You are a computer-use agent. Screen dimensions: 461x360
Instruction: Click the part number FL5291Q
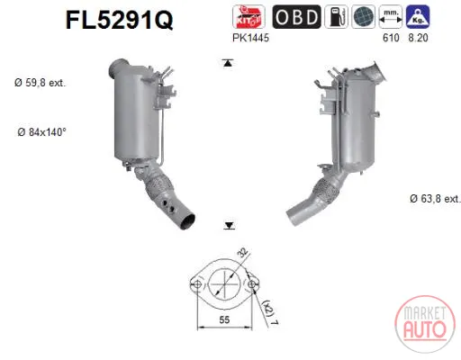(119, 20)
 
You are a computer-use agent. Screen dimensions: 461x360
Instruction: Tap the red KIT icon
(249, 17)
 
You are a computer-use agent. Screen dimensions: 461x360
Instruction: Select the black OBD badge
(296, 17)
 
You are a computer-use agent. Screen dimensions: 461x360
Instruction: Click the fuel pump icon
(336, 17)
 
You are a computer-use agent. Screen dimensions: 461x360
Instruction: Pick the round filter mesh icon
(363, 17)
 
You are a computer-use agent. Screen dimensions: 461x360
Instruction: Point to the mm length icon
(391, 17)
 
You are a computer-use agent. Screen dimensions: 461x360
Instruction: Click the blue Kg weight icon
(418, 17)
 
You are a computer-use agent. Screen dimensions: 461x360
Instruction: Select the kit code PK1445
(250, 38)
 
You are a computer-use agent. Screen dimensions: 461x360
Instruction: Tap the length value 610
(391, 38)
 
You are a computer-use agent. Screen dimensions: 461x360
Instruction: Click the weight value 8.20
(418, 38)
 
